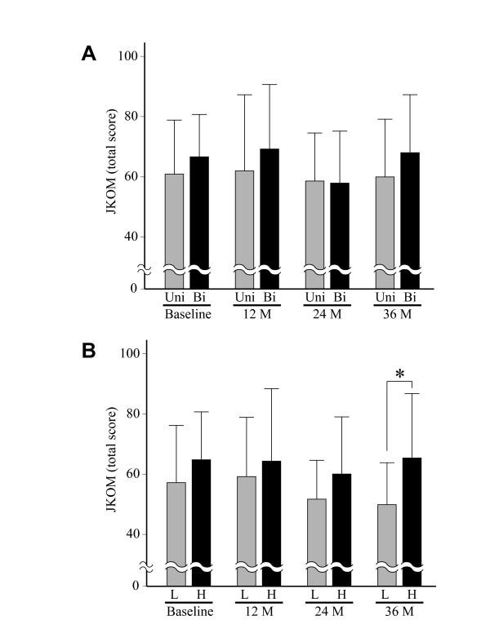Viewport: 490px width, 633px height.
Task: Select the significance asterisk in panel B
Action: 399,374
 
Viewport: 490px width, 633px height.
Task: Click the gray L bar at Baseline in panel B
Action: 176,522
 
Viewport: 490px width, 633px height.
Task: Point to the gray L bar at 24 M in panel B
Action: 316,530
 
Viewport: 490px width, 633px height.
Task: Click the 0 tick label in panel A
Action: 131,288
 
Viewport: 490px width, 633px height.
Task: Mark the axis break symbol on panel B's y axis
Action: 145,565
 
